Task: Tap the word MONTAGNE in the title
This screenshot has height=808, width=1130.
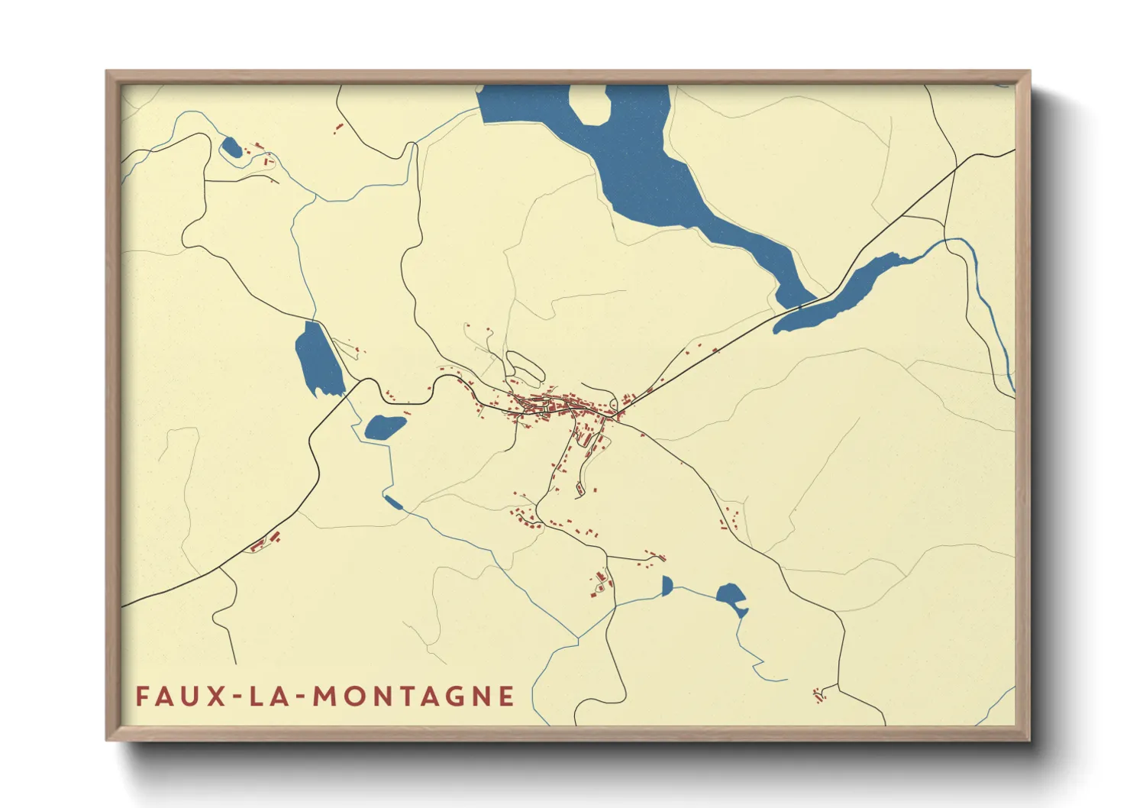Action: click(x=414, y=696)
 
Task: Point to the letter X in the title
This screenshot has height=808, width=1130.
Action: click(x=218, y=696)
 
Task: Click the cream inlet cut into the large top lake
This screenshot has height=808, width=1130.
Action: click(x=589, y=105)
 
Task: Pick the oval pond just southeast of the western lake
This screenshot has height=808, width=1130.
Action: click(x=384, y=428)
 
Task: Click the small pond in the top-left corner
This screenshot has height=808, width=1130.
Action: click(x=231, y=147)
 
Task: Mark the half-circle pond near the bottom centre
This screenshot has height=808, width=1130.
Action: click(x=667, y=586)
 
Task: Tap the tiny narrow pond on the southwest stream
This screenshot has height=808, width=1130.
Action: click(x=392, y=502)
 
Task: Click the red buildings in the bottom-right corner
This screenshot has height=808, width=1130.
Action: click(x=819, y=695)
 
